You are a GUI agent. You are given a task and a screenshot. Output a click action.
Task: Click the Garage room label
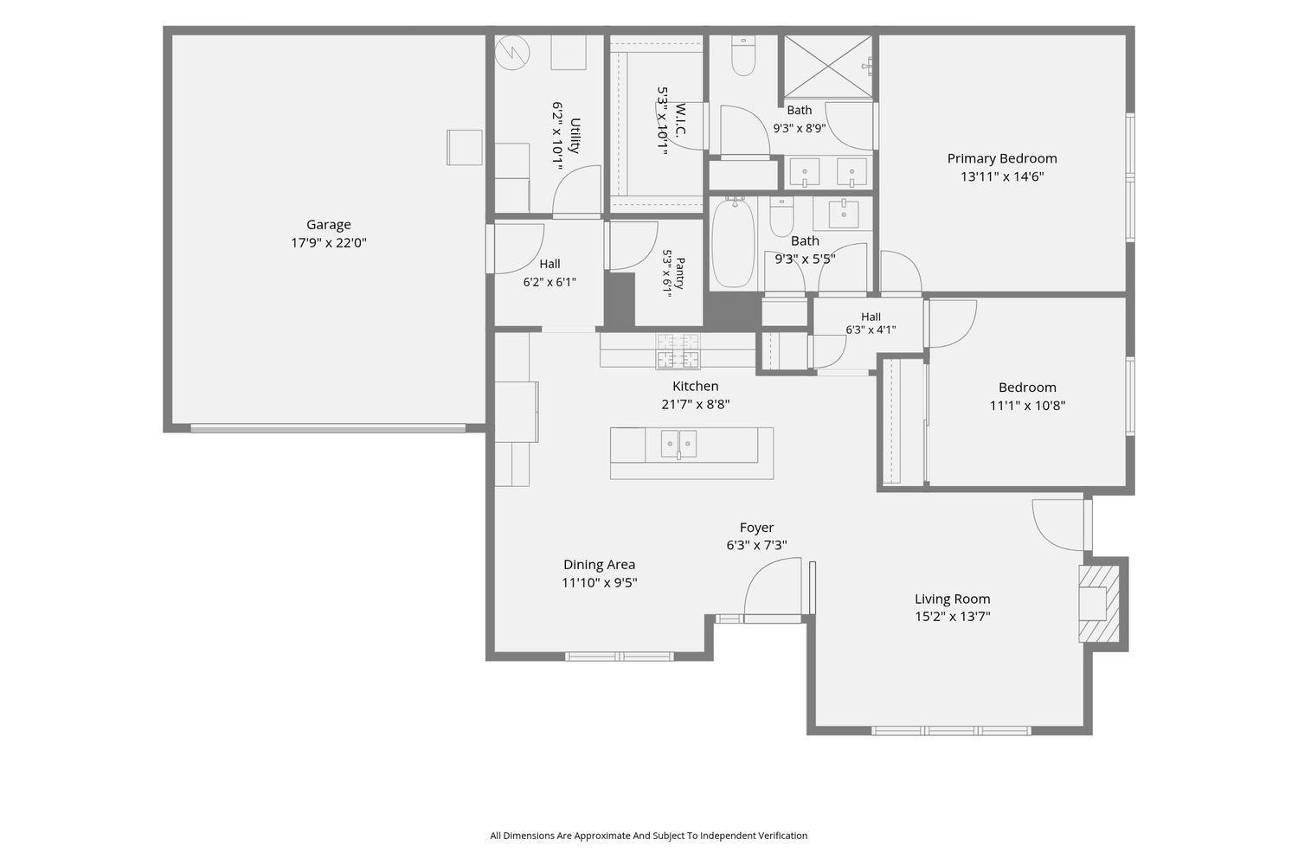[329, 224]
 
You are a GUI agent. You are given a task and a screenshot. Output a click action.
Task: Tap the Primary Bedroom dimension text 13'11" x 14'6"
[1002, 176]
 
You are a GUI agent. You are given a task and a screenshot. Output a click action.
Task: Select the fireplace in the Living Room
[1099, 604]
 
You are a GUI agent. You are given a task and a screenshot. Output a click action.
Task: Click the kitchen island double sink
[678, 445]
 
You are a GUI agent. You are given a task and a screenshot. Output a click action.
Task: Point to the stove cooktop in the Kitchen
[678, 351]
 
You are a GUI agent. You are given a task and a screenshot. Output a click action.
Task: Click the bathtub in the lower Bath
[733, 243]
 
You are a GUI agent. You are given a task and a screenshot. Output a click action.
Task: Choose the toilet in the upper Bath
[742, 56]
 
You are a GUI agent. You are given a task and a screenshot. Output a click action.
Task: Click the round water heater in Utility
[512, 53]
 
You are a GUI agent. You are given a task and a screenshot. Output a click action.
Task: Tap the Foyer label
[756, 528]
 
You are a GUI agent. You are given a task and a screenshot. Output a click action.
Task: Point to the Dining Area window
[620, 657]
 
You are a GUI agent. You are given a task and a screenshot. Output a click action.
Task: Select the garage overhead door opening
[328, 429]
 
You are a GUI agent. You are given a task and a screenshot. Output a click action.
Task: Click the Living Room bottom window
[951, 731]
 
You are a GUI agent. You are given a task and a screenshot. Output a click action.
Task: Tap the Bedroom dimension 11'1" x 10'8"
[1027, 406]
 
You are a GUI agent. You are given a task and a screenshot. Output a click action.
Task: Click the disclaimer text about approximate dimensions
[648, 836]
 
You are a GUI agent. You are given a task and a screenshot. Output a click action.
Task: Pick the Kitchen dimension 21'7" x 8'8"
[696, 404]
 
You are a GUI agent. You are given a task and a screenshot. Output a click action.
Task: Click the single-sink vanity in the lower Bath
[843, 214]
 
